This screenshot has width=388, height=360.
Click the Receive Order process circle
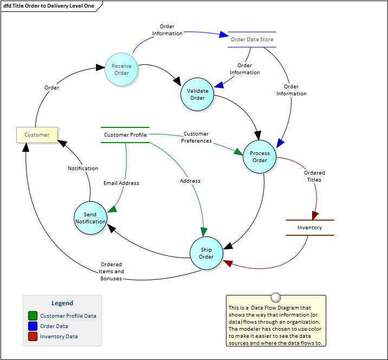coord(121,69)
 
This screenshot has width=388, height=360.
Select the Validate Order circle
coord(197,94)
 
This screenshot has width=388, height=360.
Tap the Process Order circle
coord(260,157)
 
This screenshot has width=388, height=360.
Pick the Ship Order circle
coord(206,253)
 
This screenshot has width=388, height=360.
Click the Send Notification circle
coord(90,218)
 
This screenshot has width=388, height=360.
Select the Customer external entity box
coord(37,134)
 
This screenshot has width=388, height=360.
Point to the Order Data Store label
coord(252,40)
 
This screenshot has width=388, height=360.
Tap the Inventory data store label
coord(309,228)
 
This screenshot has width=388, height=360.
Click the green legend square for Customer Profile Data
coord(33,316)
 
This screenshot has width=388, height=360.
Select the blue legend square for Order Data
coord(33,326)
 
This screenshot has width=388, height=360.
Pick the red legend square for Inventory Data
coord(33,337)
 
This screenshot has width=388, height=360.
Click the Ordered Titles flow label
coord(314,176)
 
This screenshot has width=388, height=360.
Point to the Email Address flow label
coord(121,183)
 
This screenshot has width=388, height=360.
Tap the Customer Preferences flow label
coord(196,137)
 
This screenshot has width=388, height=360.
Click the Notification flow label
coord(83,169)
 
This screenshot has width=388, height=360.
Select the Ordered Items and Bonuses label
coord(111,272)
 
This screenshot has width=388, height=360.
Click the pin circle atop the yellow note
coord(276,297)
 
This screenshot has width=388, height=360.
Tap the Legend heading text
coord(62,303)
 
